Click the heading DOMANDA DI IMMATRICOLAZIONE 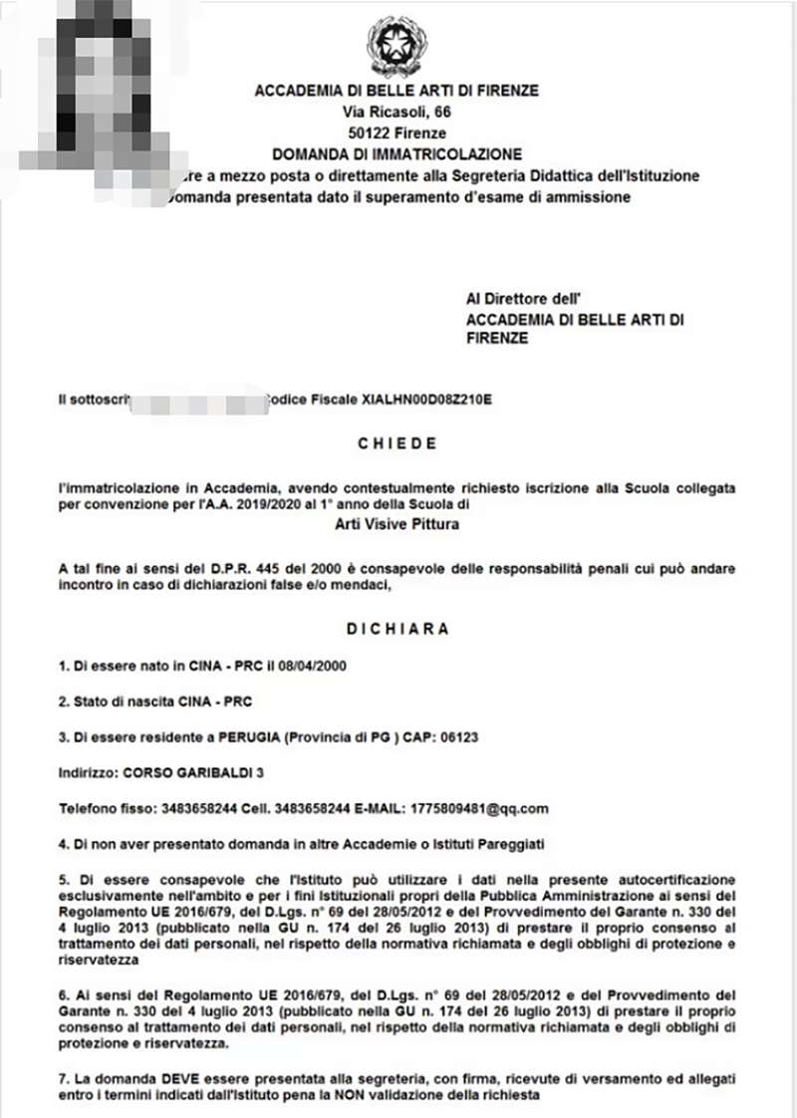(x=398, y=154)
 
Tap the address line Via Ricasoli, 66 (x=398, y=112)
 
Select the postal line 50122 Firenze (x=398, y=133)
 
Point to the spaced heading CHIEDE (x=398, y=443)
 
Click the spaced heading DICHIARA (x=398, y=630)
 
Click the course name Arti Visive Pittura (x=398, y=525)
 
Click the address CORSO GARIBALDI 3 (x=184, y=772)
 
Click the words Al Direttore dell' (x=523, y=298)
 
